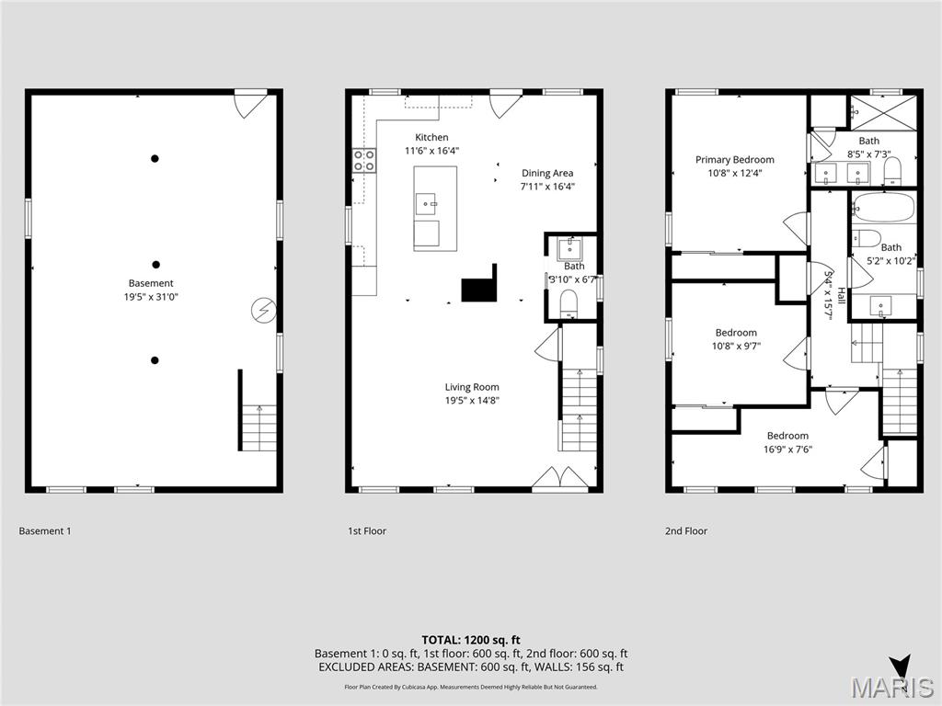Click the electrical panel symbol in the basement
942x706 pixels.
pos(264,311)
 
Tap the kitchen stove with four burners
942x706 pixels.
pos(364,161)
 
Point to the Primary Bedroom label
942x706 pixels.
pos(734,159)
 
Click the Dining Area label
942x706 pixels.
pos(547,173)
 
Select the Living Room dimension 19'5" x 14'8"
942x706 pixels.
pos(472,400)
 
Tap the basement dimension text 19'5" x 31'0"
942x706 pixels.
pos(151,297)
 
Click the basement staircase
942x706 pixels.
pos(258,427)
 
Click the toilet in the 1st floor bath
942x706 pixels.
pos(569,302)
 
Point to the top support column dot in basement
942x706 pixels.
pos(155,158)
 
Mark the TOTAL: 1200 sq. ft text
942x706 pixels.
pos(471,640)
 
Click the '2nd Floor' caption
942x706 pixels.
pos(686,531)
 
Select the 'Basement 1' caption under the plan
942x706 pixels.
pos(44,531)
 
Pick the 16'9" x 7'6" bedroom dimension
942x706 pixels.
pos(787,450)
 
